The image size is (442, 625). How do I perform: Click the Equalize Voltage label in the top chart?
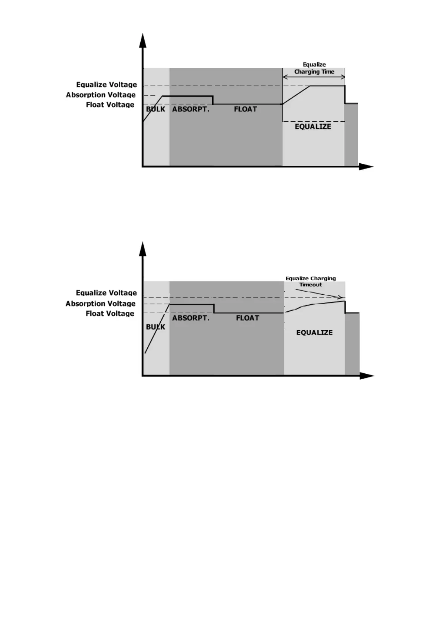[107, 85]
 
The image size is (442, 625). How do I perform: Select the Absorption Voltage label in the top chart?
[101, 95]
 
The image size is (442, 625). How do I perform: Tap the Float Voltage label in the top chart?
[110, 105]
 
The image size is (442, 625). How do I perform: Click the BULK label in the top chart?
[155, 109]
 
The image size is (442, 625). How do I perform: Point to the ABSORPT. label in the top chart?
[191, 109]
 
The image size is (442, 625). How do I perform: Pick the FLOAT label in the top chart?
[245, 109]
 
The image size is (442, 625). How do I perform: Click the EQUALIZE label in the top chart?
[313, 127]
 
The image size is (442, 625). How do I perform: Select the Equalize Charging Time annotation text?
[314, 68]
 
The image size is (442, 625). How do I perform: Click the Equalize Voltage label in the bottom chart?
[107, 293]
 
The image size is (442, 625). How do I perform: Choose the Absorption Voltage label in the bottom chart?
[101, 304]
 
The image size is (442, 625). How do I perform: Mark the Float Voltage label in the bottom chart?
[110, 314]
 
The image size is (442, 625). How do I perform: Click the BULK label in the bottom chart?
[155, 327]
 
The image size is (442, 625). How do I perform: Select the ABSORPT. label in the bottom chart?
[191, 318]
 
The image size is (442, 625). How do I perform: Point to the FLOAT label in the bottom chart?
[248, 318]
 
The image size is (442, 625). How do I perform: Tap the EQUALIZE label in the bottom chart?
[314, 333]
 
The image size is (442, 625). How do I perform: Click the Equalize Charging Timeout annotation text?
[311, 281]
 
